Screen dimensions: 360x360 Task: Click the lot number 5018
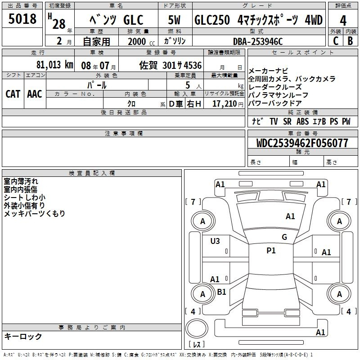[22, 19]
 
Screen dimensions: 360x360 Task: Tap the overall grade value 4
[343, 20]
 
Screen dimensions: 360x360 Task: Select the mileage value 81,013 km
[55, 65]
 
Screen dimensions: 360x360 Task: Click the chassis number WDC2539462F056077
[302, 143]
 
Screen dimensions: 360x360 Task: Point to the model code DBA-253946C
[258, 41]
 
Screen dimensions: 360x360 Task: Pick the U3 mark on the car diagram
[215, 241]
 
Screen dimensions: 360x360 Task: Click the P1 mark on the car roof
[271, 251]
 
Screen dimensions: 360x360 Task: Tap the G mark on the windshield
[284, 237]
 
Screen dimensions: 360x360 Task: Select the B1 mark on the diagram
[221, 292]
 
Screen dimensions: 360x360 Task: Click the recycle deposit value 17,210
[225, 104]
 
